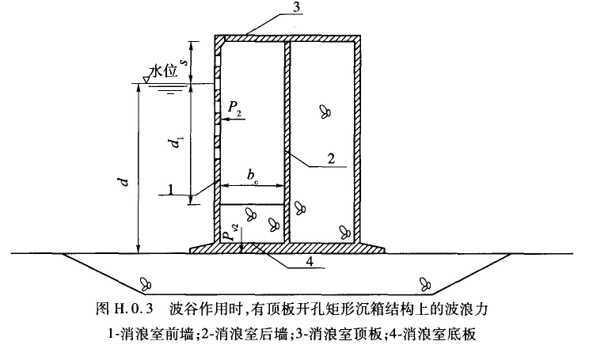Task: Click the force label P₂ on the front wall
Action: tap(236, 107)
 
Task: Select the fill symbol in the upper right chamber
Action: tap(324, 112)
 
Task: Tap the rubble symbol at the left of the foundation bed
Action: tap(146, 282)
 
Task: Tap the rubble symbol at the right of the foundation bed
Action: tap(426, 282)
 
